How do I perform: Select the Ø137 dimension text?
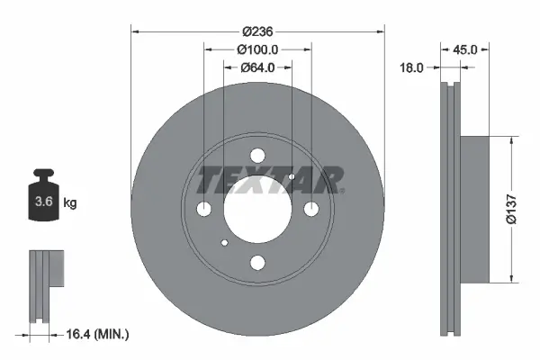coord(510,208)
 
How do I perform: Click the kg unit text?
coord(70,203)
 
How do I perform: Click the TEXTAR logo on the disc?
coord(270,180)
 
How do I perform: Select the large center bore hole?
coord(257,210)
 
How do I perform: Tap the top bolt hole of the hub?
coord(257,155)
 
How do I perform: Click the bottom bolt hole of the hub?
coord(257,263)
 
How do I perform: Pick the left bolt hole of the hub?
coord(204,210)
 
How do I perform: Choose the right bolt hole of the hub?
coord(311,210)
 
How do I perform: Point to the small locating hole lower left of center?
coord(225,242)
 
